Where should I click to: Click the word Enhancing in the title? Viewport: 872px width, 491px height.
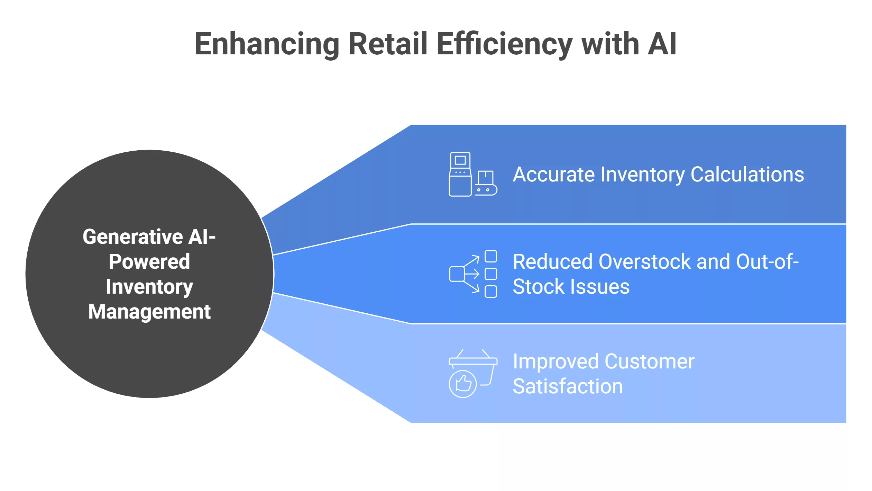pos(267,44)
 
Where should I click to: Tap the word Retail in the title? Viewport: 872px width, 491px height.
pos(388,44)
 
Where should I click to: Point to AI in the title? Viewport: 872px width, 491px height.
pos(662,44)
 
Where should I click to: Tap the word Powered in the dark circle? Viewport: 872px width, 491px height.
pos(149,262)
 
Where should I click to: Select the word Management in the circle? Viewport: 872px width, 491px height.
pos(149,312)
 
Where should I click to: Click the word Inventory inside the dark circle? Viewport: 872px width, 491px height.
pos(149,287)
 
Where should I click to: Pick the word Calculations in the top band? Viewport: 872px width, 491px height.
pos(747,175)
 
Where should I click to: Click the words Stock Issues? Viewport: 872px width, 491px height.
pos(571,287)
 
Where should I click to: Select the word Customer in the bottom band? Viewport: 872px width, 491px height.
pos(649,361)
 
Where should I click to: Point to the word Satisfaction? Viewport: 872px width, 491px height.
pos(567,386)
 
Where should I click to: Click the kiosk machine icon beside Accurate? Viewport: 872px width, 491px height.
pos(460,174)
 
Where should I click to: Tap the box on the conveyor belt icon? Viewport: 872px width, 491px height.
pos(485,178)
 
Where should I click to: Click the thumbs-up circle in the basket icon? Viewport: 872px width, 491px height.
pos(462,384)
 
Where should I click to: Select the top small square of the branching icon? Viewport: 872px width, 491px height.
pos(490,256)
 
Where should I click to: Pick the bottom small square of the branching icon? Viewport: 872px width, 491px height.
pos(490,292)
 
